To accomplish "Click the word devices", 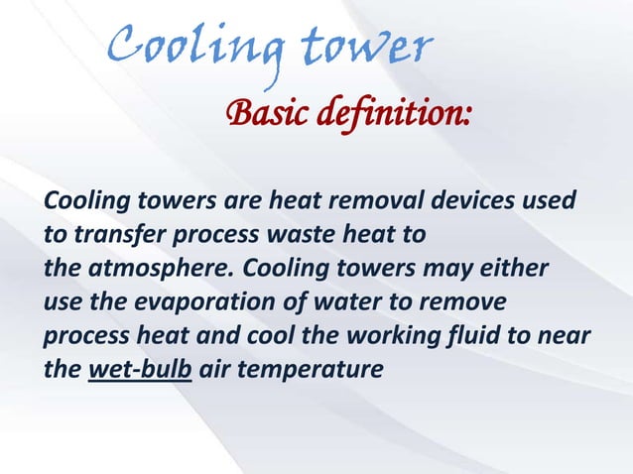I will point(472,203).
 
